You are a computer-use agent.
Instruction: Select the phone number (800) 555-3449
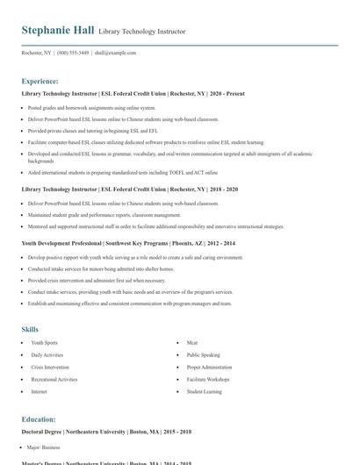[73, 53]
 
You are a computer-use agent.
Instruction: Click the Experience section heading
[40, 81]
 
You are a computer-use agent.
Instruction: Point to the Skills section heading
[30, 329]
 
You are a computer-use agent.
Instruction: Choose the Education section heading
[39, 419]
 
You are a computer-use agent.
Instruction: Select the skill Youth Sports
[44, 342]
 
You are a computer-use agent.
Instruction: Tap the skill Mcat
[193, 342]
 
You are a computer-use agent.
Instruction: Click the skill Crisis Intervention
[50, 368]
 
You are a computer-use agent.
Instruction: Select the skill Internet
[40, 392]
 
